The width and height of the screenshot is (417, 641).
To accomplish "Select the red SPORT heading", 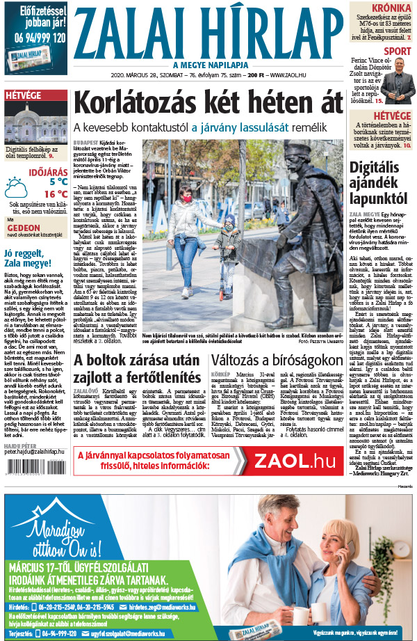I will (x=397, y=52).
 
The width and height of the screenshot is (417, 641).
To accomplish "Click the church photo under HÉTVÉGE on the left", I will (x=34, y=123).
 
